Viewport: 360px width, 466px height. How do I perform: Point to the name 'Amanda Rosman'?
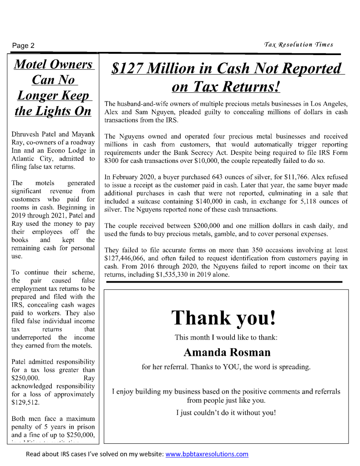click(227, 352)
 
